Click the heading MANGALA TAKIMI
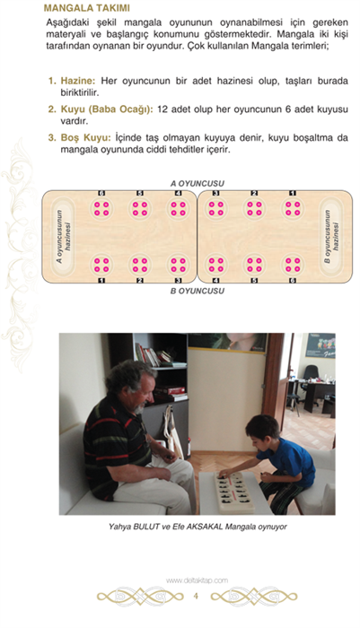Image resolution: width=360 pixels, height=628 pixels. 86,8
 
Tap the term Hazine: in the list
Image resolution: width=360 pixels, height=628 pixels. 78,81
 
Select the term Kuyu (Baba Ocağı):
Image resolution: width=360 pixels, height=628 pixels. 107,109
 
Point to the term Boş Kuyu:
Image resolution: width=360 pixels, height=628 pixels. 85,138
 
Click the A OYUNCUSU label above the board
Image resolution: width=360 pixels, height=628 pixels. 198,184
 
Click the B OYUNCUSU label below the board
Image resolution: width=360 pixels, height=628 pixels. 198,291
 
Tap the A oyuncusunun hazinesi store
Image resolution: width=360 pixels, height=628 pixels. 64,237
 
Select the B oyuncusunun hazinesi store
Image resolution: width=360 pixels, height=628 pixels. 331,237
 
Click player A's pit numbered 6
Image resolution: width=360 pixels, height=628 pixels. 101,208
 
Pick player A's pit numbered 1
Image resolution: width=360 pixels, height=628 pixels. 293,208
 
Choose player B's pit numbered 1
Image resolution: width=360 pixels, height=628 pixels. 101,265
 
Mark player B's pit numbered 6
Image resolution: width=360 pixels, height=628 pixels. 293,265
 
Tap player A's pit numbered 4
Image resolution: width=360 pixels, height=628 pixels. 179,208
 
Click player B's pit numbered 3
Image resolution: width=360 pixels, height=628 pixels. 179,265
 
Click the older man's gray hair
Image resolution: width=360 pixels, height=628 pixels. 127,376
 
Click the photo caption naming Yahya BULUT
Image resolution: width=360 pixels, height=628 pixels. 198,527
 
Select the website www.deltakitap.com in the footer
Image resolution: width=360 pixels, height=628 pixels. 197,580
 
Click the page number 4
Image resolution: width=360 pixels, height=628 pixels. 196,596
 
